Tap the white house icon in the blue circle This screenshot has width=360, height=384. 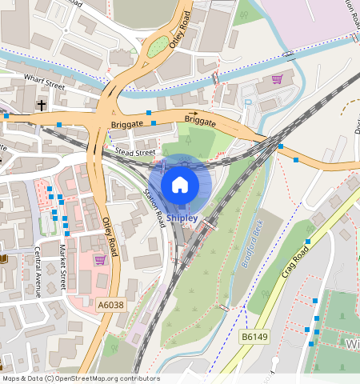[180, 185]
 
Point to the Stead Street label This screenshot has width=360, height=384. [134, 150]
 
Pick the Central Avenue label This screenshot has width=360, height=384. [37, 272]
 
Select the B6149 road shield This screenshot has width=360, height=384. [255, 338]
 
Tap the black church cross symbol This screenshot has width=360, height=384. [42, 105]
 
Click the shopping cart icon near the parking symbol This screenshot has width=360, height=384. [277, 79]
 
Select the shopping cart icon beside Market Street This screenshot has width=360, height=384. [100, 259]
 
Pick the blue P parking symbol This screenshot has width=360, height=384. [247, 102]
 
